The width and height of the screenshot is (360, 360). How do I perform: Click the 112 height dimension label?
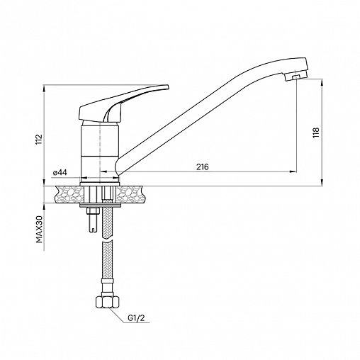coord(39,140)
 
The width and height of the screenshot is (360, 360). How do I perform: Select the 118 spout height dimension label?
coord(316,133)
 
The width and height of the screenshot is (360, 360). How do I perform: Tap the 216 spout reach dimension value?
coord(203,167)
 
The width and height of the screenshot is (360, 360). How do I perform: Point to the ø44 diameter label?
coord(60,173)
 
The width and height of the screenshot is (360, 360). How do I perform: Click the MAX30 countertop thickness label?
coord(39,229)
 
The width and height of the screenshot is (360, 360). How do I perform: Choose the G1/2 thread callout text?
coord(136,318)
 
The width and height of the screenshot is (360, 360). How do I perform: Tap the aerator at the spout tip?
coord(296,77)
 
